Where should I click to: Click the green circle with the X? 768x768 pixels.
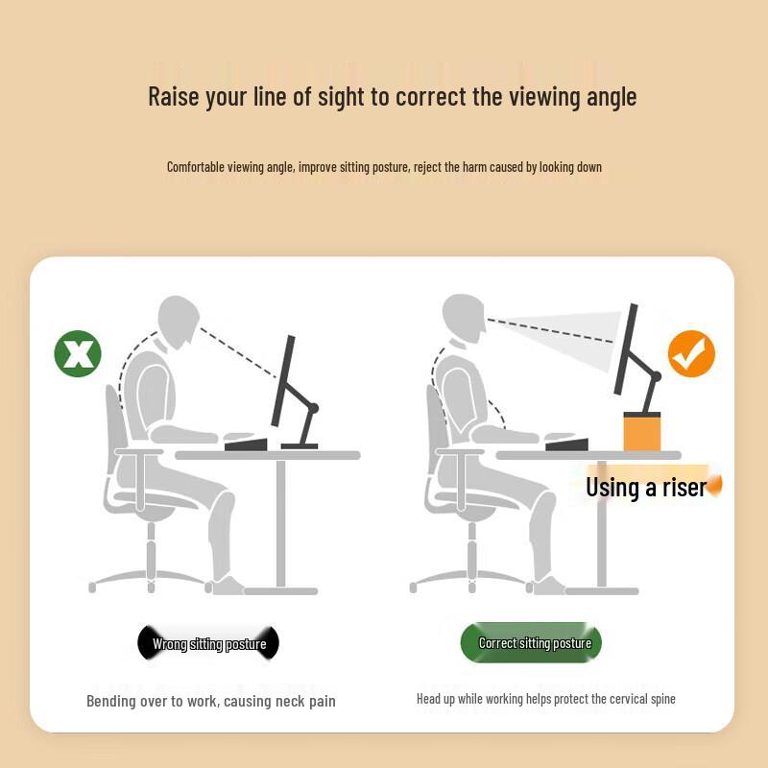(x=78, y=352)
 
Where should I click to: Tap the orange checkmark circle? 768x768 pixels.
(x=691, y=353)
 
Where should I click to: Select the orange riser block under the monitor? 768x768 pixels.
(x=642, y=431)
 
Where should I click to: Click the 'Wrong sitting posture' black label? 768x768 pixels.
(x=208, y=644)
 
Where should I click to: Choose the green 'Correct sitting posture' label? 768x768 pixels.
(x=534, y=643)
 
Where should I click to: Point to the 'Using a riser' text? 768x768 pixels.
(x=645, y=487)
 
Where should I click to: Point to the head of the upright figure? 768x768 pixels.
(x=463, y=317)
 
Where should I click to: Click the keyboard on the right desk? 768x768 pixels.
(x=566, y=444)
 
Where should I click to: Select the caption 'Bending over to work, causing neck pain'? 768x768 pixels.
(x=211, y=701)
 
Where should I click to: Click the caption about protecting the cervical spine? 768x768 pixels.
(x=545, y=699)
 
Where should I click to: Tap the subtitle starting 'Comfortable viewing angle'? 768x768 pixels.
(x=384, y=167)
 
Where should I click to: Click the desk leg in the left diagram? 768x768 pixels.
(x=281, y=523)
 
